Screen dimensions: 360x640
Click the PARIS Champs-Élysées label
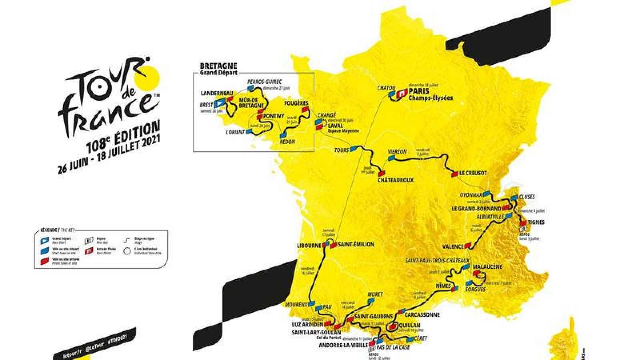(x=430, y=94)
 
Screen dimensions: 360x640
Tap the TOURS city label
(x=341, y=150)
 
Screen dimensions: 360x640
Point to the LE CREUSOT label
(x=473, y=173)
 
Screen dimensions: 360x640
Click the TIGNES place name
(x=536, y=222)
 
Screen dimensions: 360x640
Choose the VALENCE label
(x=452, y=246)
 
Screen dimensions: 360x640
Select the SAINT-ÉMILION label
(x=356, y=244)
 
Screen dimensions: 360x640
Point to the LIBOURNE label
(x=308, y=245)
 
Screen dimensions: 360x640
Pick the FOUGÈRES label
(x=296, y=103)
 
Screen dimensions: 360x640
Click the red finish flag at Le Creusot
(x=455, y=174)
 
